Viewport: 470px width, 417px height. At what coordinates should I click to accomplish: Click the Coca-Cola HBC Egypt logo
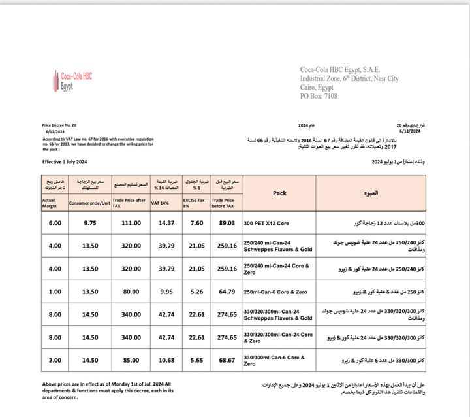pos(71,80)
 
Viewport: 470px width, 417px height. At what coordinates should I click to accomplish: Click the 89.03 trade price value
pos(227,223)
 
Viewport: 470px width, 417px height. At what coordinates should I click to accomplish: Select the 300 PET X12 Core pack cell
pos(269,223)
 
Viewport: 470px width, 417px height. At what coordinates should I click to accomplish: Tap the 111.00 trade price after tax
pos(131,223)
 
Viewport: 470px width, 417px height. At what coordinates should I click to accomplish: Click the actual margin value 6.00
pos(55,223)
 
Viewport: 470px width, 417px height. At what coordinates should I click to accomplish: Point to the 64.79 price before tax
pos(227,292)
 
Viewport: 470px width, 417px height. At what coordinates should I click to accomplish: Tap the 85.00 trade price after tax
pos(131,360)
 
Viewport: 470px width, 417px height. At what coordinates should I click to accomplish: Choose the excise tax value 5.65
pos(196,360)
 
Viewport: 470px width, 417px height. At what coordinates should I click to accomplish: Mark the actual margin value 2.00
pos(55,360)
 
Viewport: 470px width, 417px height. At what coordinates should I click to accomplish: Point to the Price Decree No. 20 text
pos(59,124)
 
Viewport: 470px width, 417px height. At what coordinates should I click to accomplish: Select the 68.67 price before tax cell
pos(227,360)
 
